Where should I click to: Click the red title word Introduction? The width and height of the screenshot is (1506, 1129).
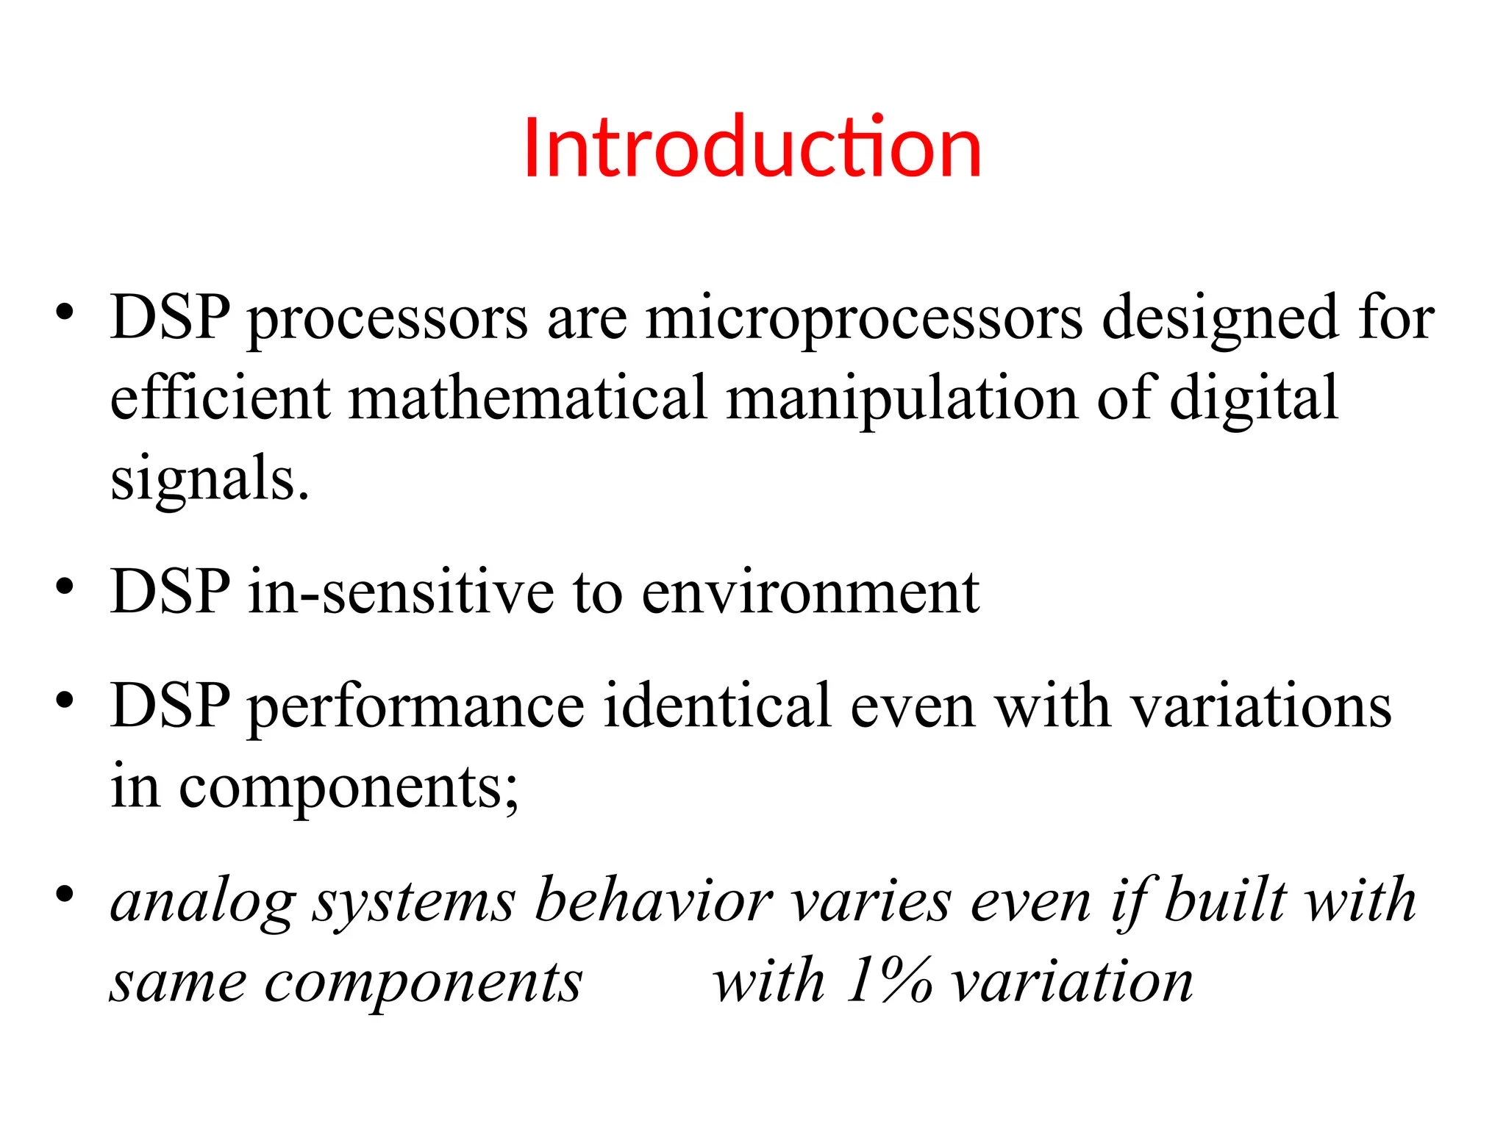(752, 148)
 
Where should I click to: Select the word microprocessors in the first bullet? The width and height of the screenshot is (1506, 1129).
(864, 319)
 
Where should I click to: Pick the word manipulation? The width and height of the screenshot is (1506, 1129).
(902, 400)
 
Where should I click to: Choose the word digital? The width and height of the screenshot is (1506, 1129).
(1253, 400)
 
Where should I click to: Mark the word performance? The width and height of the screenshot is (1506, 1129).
(415, 707)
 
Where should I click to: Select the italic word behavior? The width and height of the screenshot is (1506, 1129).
(653, 901)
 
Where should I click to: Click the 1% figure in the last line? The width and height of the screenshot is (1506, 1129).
(888, 981)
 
